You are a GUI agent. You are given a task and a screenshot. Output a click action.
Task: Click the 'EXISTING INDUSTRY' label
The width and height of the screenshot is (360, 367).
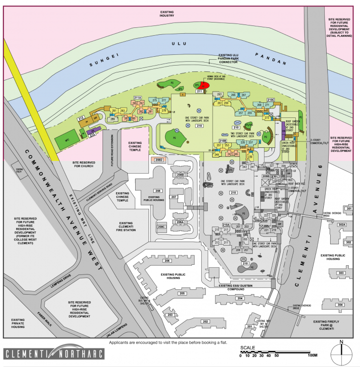click(x=167, y=13)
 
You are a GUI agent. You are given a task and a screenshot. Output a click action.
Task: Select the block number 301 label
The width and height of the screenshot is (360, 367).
click(x=349, y=209)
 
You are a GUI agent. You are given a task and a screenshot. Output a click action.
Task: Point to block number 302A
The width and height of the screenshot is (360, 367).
click(x=341, y=225)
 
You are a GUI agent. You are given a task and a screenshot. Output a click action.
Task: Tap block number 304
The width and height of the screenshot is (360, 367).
click(x=340, y=305)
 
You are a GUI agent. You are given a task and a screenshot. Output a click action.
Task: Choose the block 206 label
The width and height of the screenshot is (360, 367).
click(x=166, y=261)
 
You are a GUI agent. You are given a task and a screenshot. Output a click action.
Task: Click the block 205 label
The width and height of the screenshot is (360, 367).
click(x=182, y=293)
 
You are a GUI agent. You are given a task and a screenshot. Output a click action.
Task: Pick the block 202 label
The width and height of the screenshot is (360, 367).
click(x=206, y=321)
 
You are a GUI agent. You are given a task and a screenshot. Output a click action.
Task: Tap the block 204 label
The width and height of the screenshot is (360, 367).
click(x=240, y=298)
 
